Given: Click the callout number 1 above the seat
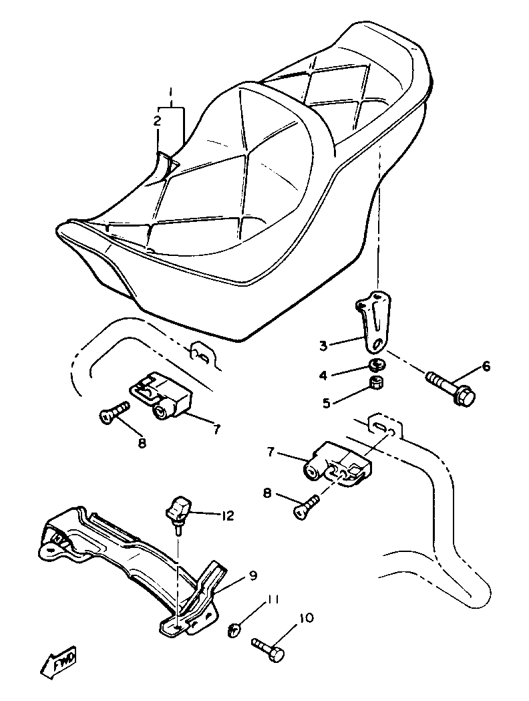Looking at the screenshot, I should [171, 92].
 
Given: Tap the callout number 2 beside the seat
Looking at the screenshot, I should [157, 121].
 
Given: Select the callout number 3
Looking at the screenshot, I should [323, 345].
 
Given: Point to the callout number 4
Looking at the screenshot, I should [323, 376].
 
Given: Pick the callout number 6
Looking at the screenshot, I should [486, 366].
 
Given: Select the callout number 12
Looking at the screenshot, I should [228, 515].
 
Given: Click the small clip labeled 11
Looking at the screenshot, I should [234, 629].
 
